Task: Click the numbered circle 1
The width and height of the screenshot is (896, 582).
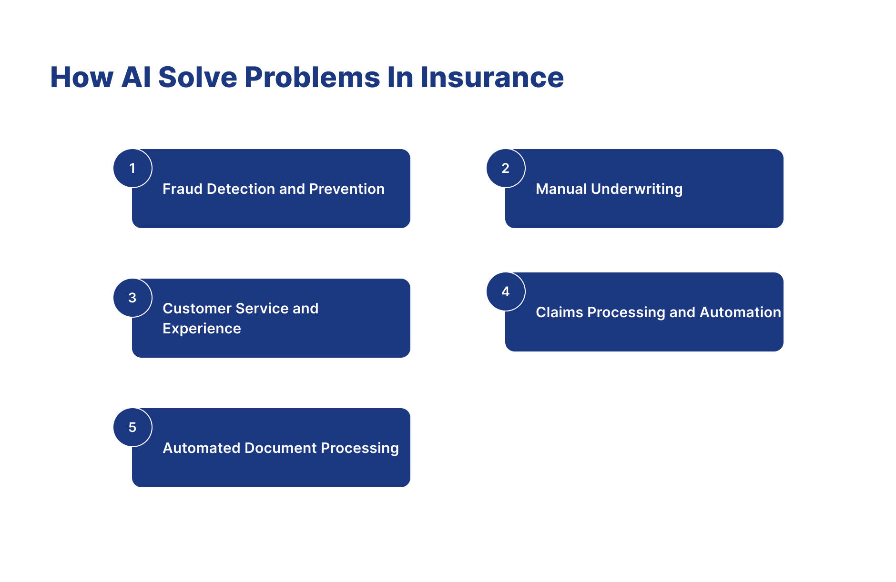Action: (132, 168)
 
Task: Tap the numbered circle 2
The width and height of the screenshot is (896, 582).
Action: (506, 168)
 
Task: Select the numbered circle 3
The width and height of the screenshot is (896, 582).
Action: (132, 298)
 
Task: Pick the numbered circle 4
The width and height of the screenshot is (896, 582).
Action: (506, 291)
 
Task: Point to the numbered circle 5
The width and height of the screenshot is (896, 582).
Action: (132, 427)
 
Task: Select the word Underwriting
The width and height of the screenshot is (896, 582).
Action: (636, 189)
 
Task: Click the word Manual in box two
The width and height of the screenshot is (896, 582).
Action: (561, 189)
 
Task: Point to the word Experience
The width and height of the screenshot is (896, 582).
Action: (202, 329)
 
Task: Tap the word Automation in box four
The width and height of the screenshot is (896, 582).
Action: (740, 312)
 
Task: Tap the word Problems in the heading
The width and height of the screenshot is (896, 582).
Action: (312, 77)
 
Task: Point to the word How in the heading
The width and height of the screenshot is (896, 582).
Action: (81, 77)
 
